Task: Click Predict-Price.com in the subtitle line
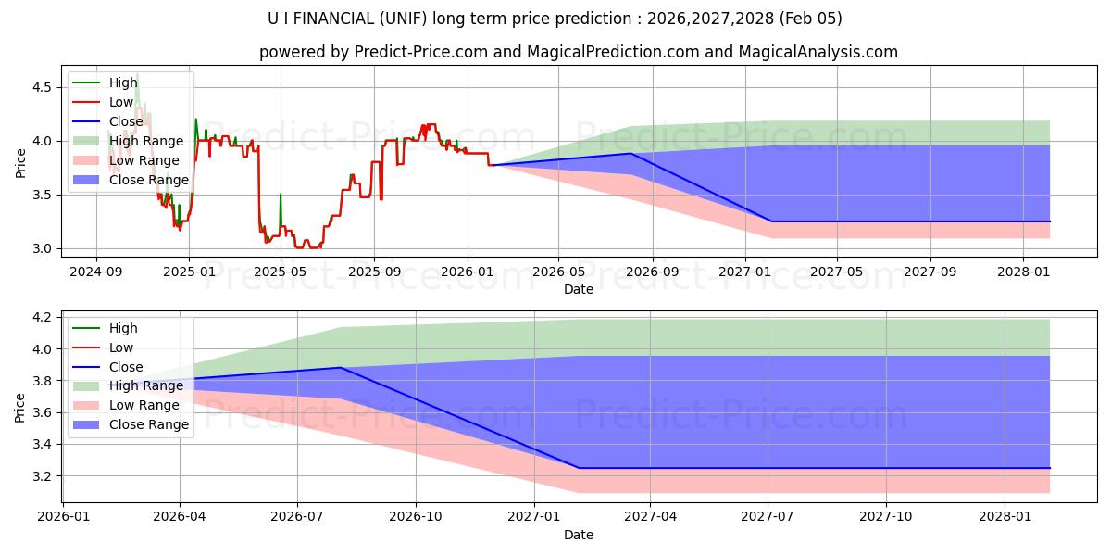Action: [x=421, y=52]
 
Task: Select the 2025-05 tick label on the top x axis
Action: [x=281, y=272]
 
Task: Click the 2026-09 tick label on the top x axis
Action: [x=652, y=272]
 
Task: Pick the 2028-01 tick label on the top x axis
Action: [x=1022, y=272]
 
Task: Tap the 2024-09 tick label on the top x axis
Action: [x=96, y=272]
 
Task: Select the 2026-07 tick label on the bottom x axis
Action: [x=297, y=516]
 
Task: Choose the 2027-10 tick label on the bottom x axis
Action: [x=886, y=516]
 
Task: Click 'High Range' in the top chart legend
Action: [x=146, y=141]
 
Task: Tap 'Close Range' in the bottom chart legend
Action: [x=149, y=424]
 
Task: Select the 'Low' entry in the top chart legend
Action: [x=121, y=102]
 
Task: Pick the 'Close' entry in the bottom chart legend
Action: [x=127, y=366]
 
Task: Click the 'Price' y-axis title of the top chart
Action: [x=21, y=163]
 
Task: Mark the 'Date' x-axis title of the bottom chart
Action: [x=579, y=535]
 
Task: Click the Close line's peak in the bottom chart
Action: [x=341, y=368]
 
